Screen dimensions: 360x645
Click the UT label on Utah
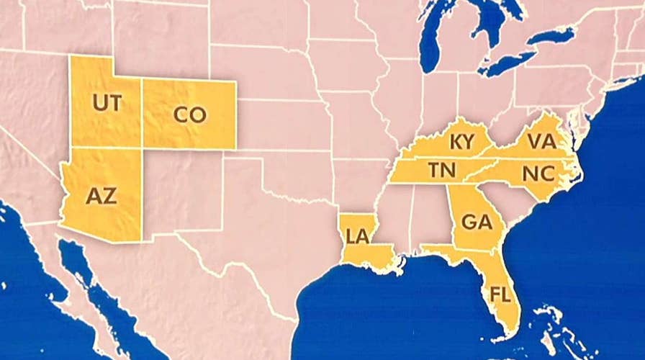[x=106, y=103]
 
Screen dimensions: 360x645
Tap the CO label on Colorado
[x=189, y=114]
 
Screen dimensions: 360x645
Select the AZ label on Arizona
[x=101, y=196]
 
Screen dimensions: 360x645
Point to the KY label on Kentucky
[x=462, y=143]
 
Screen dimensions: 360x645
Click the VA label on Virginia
[x=540, y=141]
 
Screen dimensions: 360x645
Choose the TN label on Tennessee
[x=440, y=171]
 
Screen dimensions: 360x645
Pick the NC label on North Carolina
[x=538, y=174]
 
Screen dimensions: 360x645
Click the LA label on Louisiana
[x=357, y=236]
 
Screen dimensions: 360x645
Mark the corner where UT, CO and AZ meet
[x=142, y=148]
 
